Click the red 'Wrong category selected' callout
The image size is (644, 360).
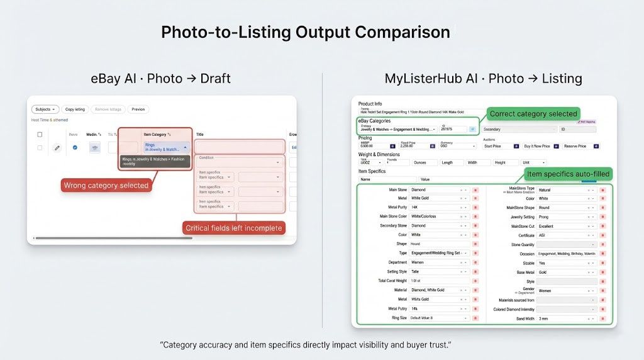pos(106,185)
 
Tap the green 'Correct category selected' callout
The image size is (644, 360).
pos(533,114)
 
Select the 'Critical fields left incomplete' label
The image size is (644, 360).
pos(233,228)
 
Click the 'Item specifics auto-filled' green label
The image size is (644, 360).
pos(568,174)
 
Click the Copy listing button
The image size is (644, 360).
pos(75,110)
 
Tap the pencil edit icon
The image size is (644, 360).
pos(57,148)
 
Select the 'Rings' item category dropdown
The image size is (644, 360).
pos(165,147)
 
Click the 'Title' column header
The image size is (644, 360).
pos(200,134)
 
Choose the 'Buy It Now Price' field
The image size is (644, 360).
pos(537,146)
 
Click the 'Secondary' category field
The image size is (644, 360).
pos(519,129)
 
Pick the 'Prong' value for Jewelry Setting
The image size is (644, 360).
pos(563,217)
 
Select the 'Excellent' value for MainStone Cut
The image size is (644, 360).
pos(563,226)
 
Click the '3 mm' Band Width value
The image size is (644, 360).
pos(563,319)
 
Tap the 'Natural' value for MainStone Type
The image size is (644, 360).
pos(563,189)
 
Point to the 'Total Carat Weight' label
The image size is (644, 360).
pos(391,281)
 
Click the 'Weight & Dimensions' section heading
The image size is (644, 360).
pos(379,154)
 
